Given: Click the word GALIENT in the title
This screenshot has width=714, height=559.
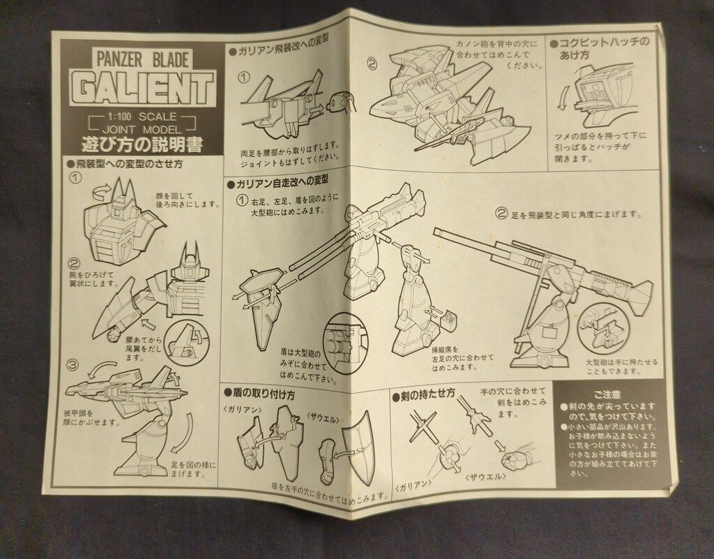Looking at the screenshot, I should [x=143, y=89].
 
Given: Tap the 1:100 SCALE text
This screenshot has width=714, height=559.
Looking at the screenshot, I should [x=144, y=117].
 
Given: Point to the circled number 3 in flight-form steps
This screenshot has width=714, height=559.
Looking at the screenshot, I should [x=74, y=365].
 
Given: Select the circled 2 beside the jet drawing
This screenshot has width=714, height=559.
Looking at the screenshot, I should [x=372, y=64].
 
